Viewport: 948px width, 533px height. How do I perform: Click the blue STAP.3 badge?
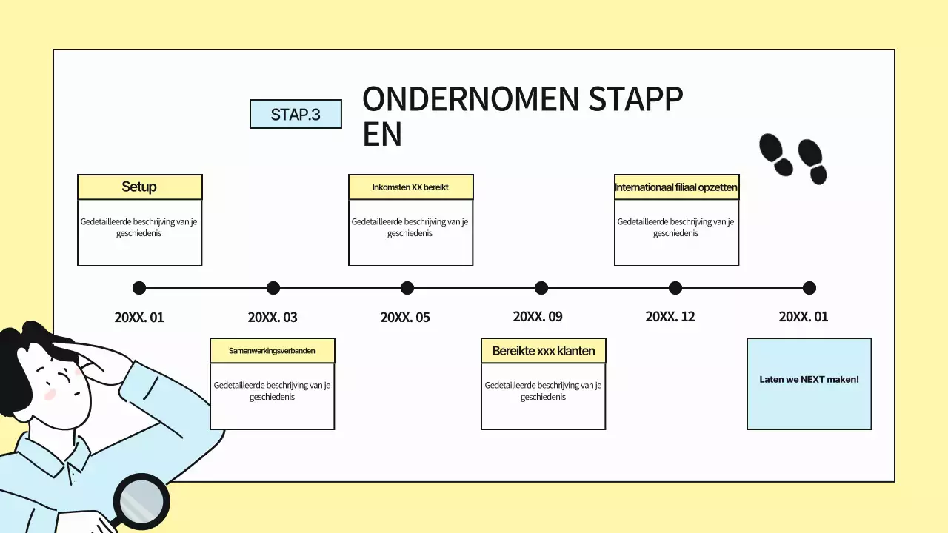coord(296,114)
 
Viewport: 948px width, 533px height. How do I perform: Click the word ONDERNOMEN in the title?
coord(470,99)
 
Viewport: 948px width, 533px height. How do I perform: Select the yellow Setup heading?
coord(140,187)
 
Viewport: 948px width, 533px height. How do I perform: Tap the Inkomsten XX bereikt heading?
coord(410,187)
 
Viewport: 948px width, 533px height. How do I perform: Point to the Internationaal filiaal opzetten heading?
coord(676,187)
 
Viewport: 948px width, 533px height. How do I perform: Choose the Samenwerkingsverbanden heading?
coord(272,351)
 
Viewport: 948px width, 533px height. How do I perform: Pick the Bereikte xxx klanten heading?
coord(544,351)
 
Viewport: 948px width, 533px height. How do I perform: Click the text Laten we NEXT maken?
coord(810,380)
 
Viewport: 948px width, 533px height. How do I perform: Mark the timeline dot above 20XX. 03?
coord(273,288)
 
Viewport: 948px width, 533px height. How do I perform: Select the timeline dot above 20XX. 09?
coord(541,288)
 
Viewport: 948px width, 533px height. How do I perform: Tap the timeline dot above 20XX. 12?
coord(675,288)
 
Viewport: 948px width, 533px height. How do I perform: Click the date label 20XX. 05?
coord(405,318)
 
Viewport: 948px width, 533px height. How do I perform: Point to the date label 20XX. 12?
coord(670,316)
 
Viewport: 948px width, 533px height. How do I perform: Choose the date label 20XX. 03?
coord(273,318)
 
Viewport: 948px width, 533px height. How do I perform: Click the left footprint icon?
coord(775,155)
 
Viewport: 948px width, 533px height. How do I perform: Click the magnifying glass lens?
coord(141,502)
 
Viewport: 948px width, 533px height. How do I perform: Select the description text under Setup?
coord(138,227)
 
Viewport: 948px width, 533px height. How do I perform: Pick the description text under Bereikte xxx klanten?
coord(543,391)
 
